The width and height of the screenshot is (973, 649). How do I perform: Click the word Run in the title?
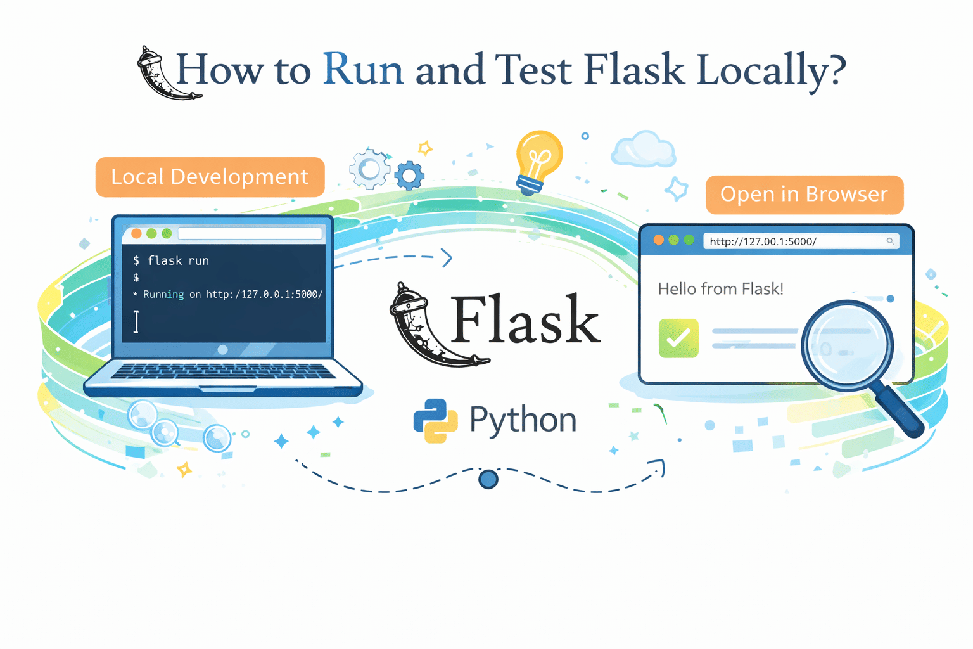[363, 69]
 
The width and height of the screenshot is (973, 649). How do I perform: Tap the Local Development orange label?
[210, 177]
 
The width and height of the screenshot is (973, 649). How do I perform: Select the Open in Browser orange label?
[804, 195]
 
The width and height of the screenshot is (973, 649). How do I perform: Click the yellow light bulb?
[538, 158]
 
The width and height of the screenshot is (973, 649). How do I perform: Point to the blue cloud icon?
[643, 150]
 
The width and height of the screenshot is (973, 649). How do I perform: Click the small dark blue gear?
[410, 176]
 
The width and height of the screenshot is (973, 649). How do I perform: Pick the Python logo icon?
[435, 420]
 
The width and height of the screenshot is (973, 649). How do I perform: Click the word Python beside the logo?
[523, 420]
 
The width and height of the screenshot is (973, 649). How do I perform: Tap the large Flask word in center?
[525, 320]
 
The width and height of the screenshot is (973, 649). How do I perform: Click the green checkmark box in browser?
[678, 338]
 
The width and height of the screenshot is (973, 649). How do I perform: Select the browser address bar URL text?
[763, 241]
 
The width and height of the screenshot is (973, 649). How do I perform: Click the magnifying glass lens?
[847, 345]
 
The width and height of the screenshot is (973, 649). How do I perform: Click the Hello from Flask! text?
[720, 289]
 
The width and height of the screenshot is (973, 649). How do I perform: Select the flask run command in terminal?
[178, 260]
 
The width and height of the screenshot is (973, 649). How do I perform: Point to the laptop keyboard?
[223, 371]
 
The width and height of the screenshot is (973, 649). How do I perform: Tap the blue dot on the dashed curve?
[488, 479]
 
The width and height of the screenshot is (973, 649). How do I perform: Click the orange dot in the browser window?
[659, 240]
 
